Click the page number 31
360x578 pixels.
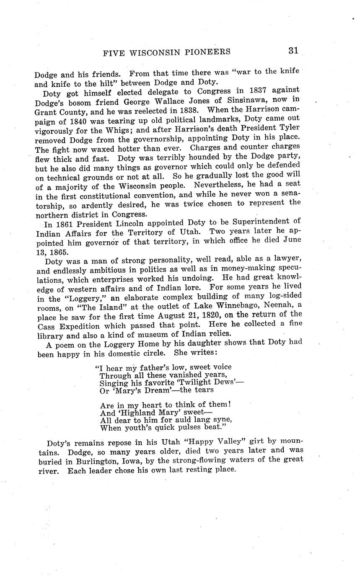pos(293,51)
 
